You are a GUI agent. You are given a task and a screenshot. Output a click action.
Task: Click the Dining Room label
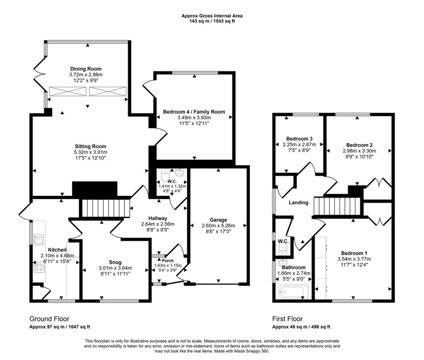pos(86,69)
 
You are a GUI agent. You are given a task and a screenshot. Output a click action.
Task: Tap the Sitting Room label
pos(87,146)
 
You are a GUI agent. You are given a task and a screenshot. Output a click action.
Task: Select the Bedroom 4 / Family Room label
pos(194,112)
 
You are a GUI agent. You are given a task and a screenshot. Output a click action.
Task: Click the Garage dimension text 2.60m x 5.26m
pos(218,226)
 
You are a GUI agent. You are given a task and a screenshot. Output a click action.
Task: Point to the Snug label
pos(115,262)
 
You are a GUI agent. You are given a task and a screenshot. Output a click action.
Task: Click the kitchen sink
pos(39,240)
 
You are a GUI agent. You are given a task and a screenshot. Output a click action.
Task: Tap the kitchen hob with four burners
pos(39,267)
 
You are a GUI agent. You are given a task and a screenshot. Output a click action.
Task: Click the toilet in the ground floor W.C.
pos(165,175)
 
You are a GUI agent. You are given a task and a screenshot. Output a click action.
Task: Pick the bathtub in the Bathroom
pos(294,292)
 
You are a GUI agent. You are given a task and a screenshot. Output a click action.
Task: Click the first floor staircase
pos(338,206)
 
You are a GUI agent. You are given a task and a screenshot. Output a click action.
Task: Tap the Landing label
pos(299,202)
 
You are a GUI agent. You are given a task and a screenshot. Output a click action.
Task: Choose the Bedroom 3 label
pos(299,139)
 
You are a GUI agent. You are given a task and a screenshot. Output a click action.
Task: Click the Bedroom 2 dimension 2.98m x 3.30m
pos(359,151)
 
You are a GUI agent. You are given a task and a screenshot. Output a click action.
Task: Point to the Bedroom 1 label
pos(354,253)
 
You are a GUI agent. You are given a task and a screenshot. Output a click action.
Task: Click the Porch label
pos(168,261)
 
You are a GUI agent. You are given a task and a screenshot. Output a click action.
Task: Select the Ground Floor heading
pos(49,319)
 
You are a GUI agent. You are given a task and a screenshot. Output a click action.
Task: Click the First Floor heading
pos(287,319)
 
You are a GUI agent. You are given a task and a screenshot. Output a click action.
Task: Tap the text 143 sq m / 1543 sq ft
pos(212,21)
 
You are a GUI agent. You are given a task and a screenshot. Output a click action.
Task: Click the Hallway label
pos(158,218)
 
